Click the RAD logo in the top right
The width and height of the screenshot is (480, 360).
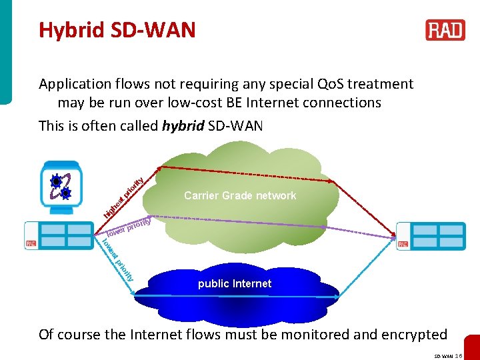(445, 30)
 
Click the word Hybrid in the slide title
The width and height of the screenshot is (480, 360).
(68, 30)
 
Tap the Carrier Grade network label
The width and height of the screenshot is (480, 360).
(240, 195)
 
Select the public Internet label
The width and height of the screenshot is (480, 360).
(235, 283)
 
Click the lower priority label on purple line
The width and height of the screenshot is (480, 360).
(130, 226)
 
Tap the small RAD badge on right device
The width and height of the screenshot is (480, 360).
(402, 244)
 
